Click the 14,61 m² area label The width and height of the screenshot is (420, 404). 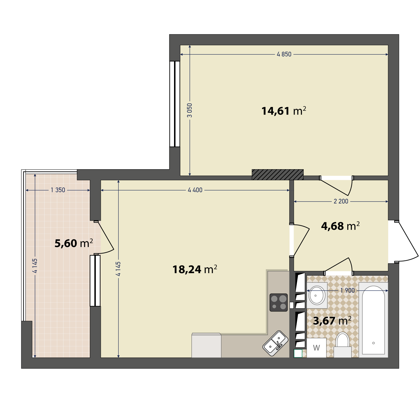[x=284, y=111]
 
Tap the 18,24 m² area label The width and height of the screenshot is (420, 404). [x=195, y=269]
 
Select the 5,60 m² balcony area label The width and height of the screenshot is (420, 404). [x=74, y=243]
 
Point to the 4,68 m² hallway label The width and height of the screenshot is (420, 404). [x=340, y=226]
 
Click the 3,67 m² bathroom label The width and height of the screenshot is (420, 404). [x=332, y=321]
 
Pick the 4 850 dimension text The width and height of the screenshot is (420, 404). [x=284, y=54]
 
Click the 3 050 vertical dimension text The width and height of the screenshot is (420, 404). [x=190, y=110]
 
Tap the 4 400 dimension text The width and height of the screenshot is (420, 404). [x=195, y=190]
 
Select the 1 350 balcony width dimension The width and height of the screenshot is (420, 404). [x=58, y=190]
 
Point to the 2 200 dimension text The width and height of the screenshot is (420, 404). [x=341, y=201]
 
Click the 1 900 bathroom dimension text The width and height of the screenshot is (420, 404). [x=348, y=291]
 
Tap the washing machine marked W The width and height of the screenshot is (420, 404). [x=316, y=348]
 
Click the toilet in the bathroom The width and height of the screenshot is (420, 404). [x=342, y=345]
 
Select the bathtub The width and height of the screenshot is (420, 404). [x=373, y=320]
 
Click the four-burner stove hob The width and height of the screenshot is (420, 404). [x=279, y=302]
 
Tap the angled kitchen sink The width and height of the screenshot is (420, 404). [x=275, y=343]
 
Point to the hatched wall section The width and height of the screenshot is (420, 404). [x=278, y=175]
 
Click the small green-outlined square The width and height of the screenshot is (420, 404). [x=298, y=353]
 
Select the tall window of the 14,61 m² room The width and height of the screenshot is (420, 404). [x=175, y=104]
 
